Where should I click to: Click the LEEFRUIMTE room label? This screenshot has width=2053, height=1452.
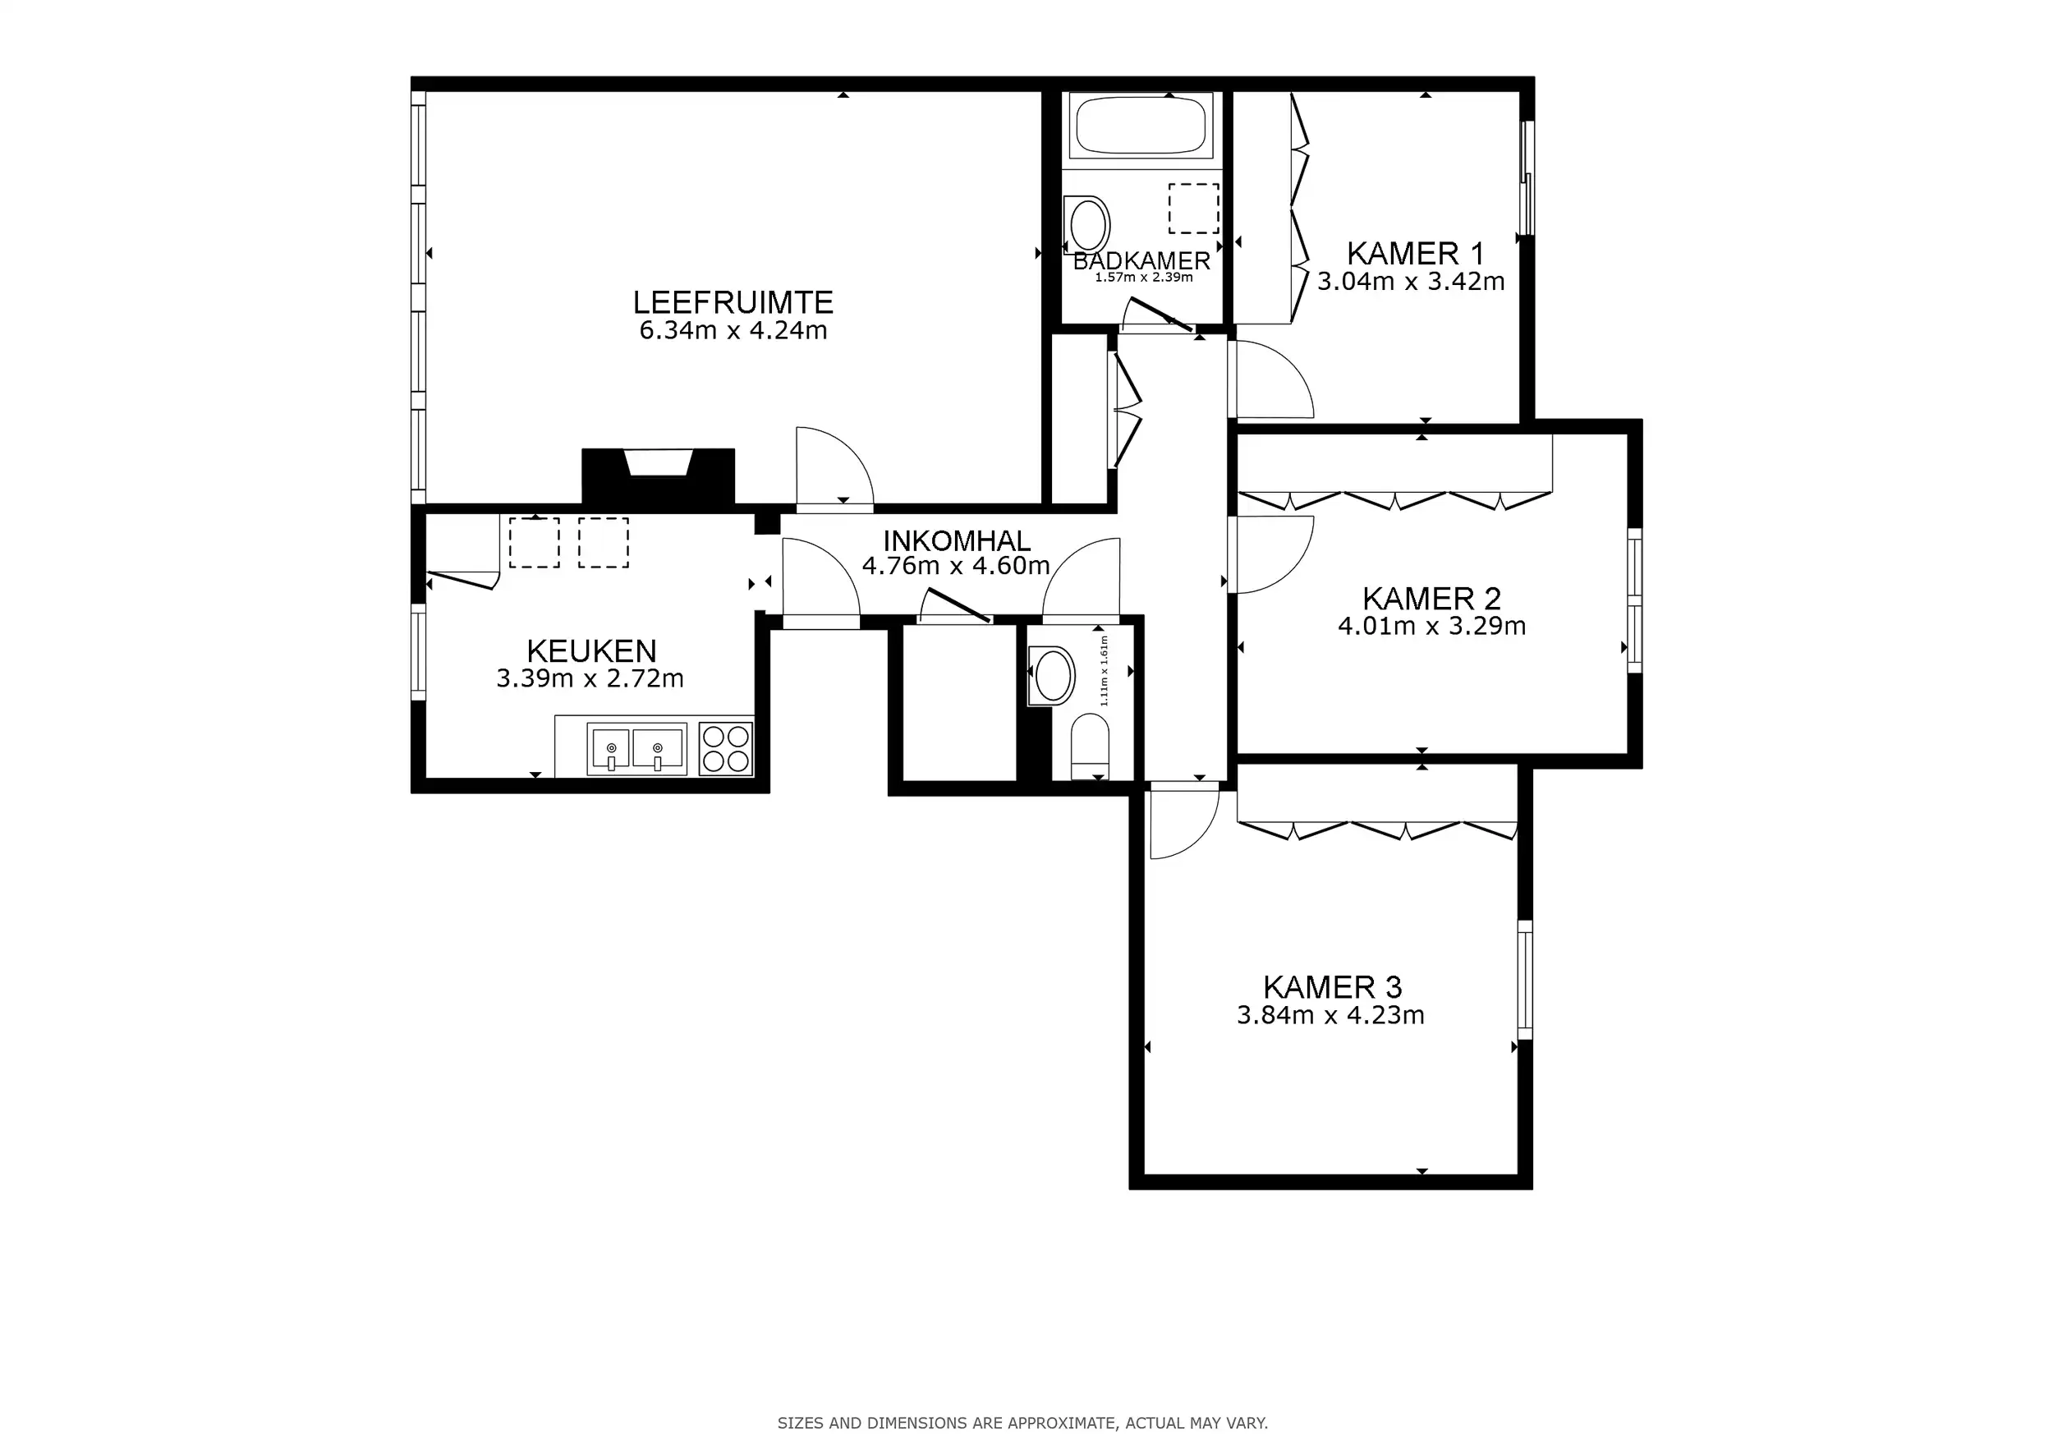pyautogui.click(x=733, y=302)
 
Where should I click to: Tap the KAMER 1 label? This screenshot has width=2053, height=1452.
pyautogui.click(x=1416, y=254)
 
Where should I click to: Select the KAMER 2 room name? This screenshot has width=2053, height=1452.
pyautogui.click(x=1431, y=598)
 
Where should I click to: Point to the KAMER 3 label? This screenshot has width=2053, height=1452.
pyautogui.click(x=1332, y=987)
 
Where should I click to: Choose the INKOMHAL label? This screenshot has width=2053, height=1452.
pyautogui.click(x=957, y=540)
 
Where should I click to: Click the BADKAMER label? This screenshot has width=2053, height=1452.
pyautogui.click(x=1141, y=261)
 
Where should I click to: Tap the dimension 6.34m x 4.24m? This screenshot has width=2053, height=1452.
pyautogui.click(x=733, y=331)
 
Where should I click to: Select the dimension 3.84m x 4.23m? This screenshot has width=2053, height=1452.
pyautogui.click(x=1330, y=1016)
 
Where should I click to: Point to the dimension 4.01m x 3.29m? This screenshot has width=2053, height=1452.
pyautogui.click(x=1431, y=626)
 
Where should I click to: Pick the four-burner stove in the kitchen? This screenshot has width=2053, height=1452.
pyautogui.click(x=725, y=748)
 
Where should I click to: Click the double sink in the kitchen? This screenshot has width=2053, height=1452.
pyautogui.click(x=636, y=749)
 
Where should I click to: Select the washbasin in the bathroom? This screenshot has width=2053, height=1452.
pyautogui.click(x=1086, y=224)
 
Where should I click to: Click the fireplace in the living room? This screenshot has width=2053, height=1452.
pyautogui.click(x=658, y=477)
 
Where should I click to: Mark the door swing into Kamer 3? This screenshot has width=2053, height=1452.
pyautogui.click(x=1185, y=820)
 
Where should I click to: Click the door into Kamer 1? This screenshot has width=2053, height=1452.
pyautogui.click(x=1270, y=379)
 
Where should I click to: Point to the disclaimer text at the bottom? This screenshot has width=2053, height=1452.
pyautogui.click(x=1022, y=1422)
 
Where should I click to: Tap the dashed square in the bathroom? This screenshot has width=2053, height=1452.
pyautogui.click(x=1194, y=209)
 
